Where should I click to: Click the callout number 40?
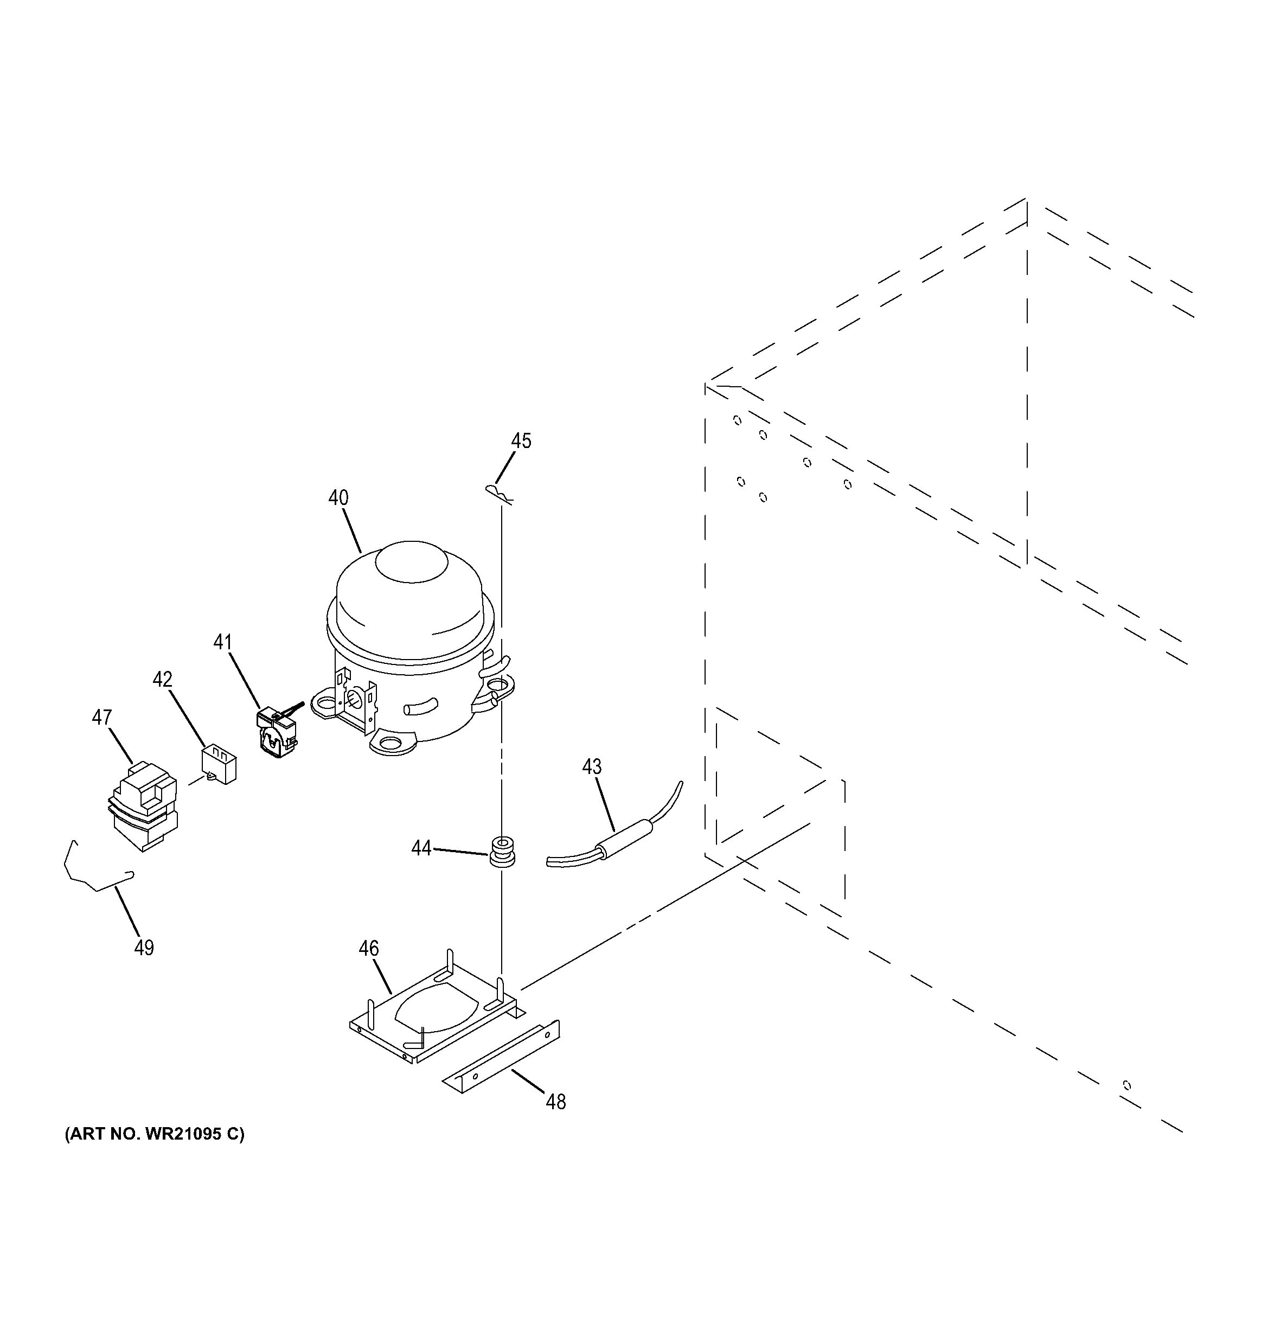click(338, 498)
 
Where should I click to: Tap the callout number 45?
click(521, 441)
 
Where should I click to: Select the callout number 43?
click(592, 767)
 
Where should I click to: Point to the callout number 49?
click(144, 948)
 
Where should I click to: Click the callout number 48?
click(555, 1102)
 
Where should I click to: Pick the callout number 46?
click(368, 949)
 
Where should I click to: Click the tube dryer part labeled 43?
click(625, 837)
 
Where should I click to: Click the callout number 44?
click(421, 848)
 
